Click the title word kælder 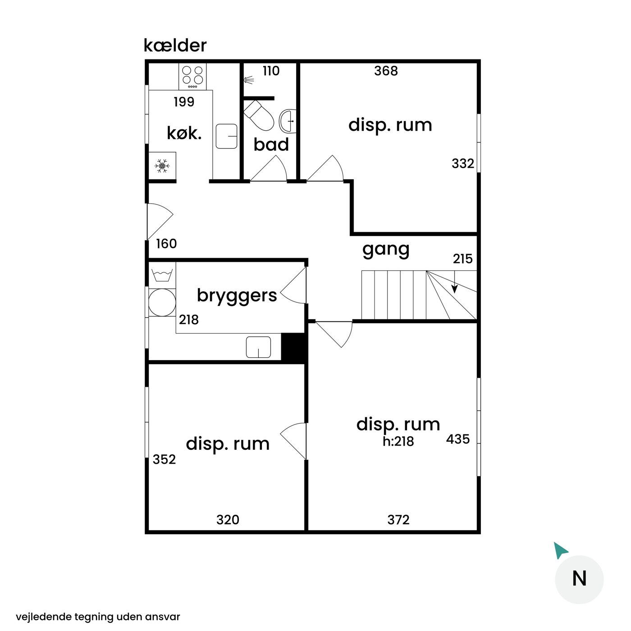tap(175, 46)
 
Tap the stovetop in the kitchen tap(192, 77)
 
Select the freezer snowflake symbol tap(162, 166)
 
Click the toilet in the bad tap(259, 115)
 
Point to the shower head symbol tap(249, 80)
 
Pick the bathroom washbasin tap(288, 121)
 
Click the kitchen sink tap(227, 136)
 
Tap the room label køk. tap(184, 133)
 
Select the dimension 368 tap(386, 71)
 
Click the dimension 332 tap(463, 164)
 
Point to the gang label tap(386, 250)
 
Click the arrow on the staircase tap(454, 282)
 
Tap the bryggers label tap(237, 296)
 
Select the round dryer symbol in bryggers tap(162, 302)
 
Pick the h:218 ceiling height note tap(398, 441)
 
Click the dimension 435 tap(458, 439)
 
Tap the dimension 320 tap(228, 520)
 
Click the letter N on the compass tap(579, 579)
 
